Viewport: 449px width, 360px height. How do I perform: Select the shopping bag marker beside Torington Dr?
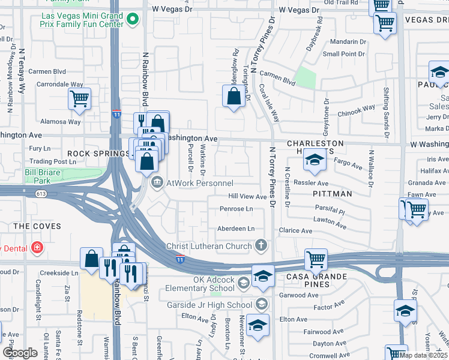pyautogui.click(x=234, y=96)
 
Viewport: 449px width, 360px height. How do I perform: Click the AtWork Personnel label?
pyautogui.click(x=199, y=182)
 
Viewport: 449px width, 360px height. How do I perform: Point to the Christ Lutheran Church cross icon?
pyautogui.click(x=261, y=245)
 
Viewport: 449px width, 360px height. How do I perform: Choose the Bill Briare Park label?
pyautogui.click(x=37, y=176)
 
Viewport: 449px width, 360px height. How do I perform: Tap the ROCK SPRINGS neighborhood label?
pyautogui.click(x=98, y=154)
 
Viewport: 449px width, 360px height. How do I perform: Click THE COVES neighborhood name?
pyautogui.click(x=37, y=226)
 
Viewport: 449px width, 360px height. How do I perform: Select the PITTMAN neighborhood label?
pyautogui.click(x=332, y=194)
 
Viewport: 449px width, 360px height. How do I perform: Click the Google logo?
pyautogui.click(x=20, y=353)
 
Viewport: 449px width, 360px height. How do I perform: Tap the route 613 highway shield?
pyautogui.click(x=41, y=193)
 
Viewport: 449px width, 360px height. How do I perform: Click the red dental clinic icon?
pyautogui.click(x=37, y=247)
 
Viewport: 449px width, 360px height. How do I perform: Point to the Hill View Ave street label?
pyautogui.click(x=247, y=196)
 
